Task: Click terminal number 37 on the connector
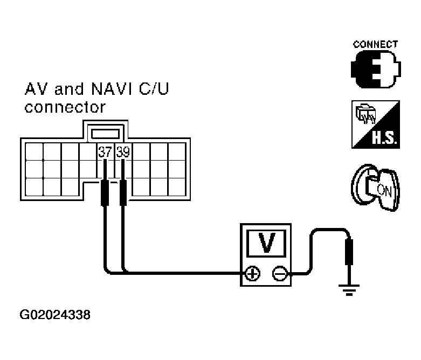105,152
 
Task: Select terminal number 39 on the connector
123,152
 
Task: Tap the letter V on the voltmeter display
266,244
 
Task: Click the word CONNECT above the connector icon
375,45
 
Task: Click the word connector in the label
65,107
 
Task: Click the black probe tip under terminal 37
105,193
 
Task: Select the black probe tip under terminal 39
123,193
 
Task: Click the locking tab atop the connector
105,131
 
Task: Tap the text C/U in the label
154,89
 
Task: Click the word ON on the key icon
383,189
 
